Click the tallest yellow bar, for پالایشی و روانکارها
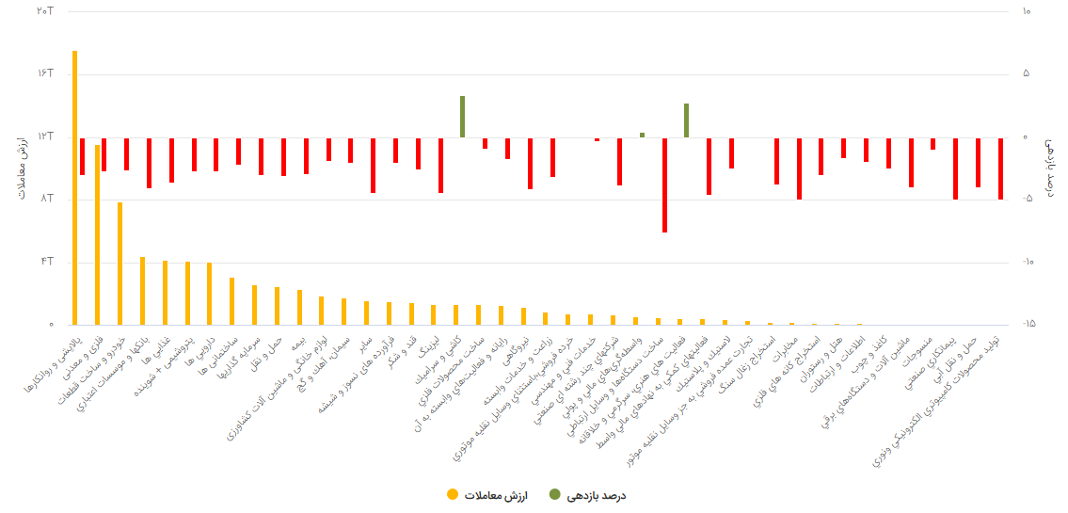tap(74, 188)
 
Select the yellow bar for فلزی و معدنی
tap(97, 235)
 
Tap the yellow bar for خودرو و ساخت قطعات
tap(120, 264)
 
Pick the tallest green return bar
tap(462, 117)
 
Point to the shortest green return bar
tap(642, 135)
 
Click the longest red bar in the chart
tap(664, 184)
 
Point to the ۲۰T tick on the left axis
tap(44, 10)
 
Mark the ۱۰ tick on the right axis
tap(1025, 10)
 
